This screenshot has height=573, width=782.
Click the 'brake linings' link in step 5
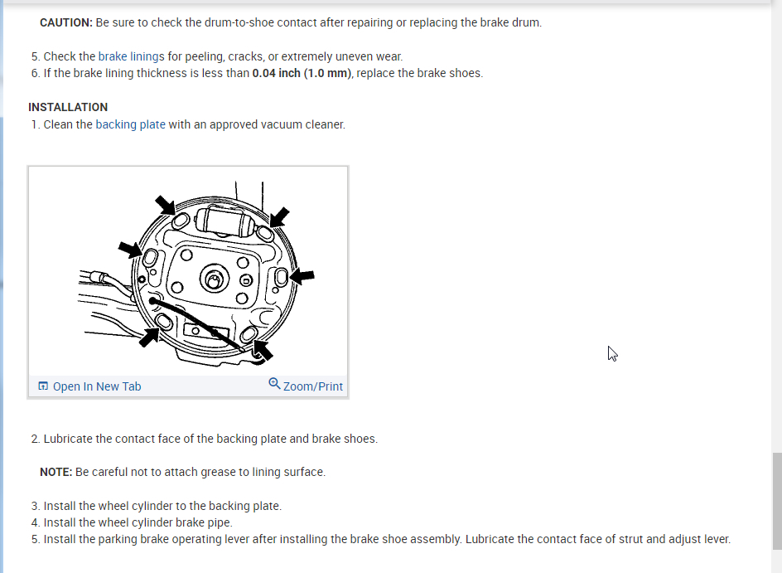point(131,56)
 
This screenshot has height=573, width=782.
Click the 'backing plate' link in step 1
point(130,124)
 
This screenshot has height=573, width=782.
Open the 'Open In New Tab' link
point(96,386)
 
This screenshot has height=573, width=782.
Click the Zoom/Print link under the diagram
point(312,386)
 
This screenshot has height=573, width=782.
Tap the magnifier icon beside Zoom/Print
point(274,384)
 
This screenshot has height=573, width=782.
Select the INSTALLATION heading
point(68,107)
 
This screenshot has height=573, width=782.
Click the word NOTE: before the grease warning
point(56,472)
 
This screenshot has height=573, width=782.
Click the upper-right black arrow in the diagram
point(280,217)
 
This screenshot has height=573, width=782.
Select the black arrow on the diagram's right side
point(302,275)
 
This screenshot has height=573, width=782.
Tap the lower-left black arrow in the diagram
point(151,336)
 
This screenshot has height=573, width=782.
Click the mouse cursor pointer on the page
point(612,353)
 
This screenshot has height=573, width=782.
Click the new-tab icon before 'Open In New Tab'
point(43,386)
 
